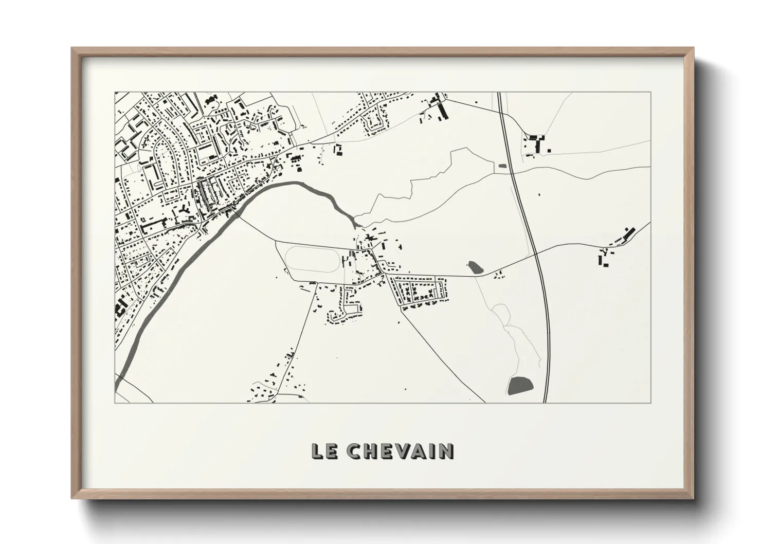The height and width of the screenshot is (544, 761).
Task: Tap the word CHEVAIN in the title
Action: [400, 451]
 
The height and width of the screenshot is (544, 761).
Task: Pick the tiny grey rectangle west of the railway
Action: [502, 166]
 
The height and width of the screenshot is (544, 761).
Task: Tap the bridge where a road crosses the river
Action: [236, 211]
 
